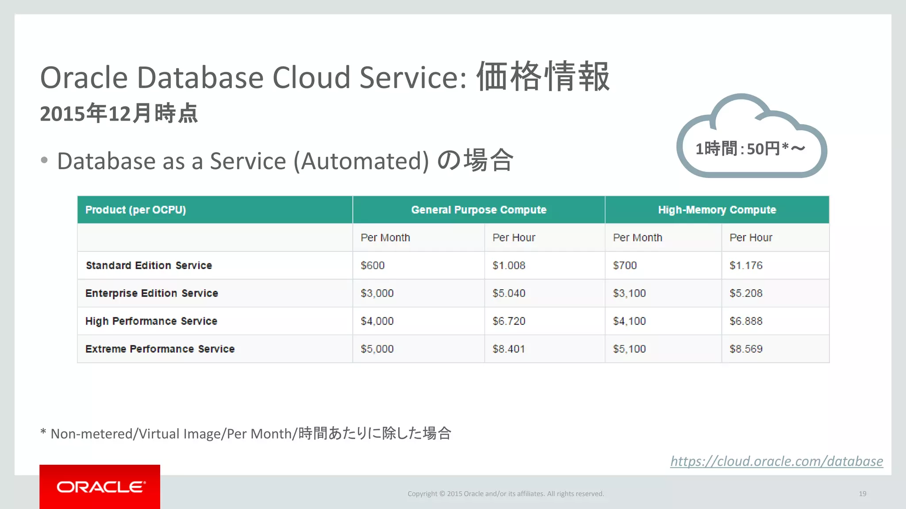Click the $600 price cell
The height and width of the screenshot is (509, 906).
(372, 266)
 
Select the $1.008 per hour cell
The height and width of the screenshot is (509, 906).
(509, 266)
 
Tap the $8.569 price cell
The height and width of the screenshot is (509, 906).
(746, 349)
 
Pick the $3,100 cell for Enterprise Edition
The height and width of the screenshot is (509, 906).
(629, 293)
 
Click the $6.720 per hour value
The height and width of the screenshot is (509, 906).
(509, 321)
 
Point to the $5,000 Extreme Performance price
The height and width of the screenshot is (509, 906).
(377, 349)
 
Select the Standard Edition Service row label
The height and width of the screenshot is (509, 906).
(149, 266)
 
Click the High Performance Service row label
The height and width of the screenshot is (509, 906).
(151, 321)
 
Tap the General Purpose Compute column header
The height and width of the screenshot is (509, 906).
(479, 210)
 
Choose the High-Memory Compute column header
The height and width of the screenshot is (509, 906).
(717, 210)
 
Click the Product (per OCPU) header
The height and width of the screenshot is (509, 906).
(135, 210)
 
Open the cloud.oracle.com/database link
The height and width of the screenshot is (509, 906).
(776, 461)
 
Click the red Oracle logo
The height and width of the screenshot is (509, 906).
(100, 487)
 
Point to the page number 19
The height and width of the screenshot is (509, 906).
(862, 494)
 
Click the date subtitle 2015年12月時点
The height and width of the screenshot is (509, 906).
(119, 114)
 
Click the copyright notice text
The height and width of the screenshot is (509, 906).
(506, 494)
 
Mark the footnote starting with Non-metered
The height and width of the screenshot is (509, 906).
(246, 433)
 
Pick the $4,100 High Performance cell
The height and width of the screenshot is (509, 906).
(629, 321)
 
